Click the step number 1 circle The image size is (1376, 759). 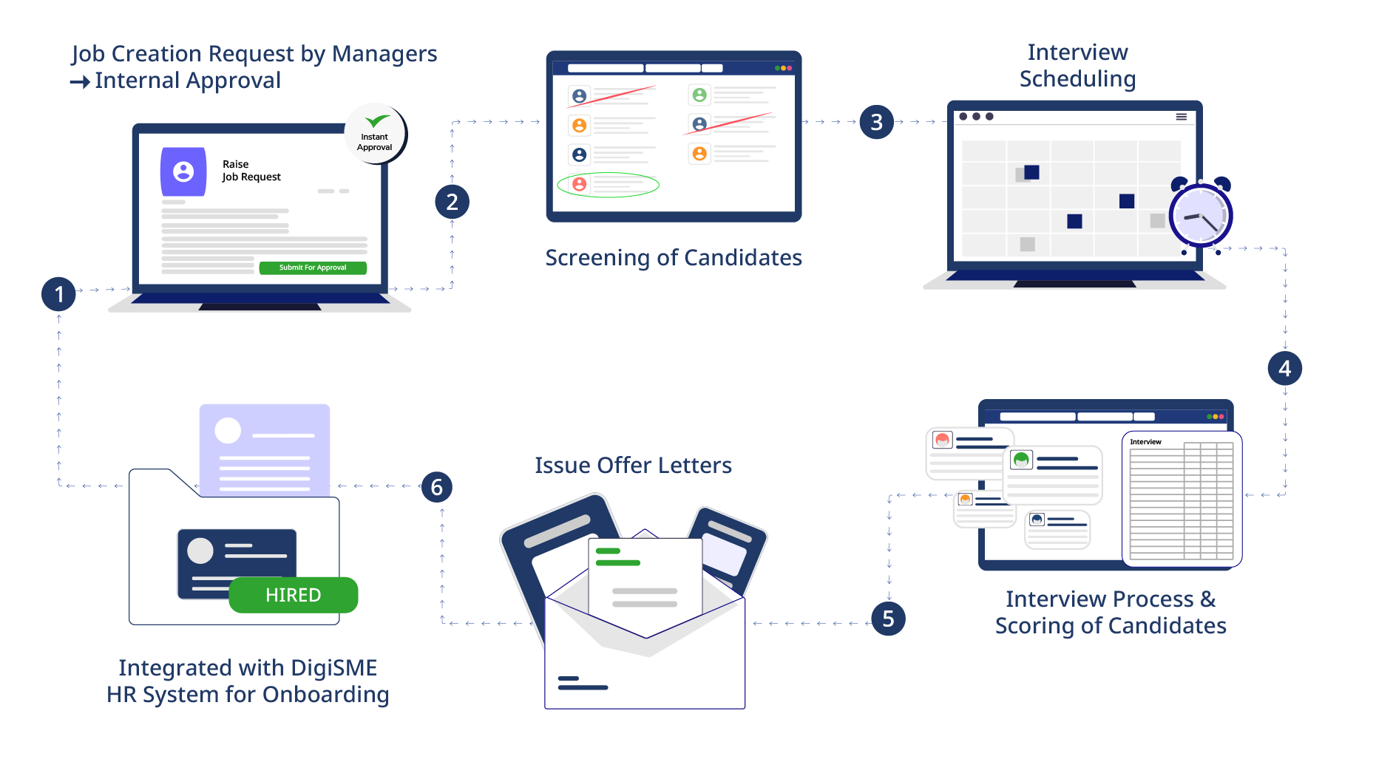tap(58, 294)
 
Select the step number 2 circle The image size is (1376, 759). tap(452, 202)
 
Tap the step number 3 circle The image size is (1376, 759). tap(876, 122)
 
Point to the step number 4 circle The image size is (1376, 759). tap(1284, 368)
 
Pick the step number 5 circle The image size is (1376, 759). tap(888, 619)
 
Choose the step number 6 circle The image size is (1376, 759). tap(436, 487)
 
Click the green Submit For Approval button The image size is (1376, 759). tap(313, 268)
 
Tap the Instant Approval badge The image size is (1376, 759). tap(375, 134)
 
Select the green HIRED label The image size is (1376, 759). tap(294, 595)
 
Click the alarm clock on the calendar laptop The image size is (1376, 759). tap(1199, 215)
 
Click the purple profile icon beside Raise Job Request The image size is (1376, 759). tap(183, 171)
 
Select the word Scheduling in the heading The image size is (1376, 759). tap(1077, 79)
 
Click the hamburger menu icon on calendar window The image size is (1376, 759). tap(1182, 117)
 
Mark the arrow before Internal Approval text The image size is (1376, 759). tap(80, 81)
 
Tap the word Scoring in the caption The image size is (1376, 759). tap(1034, 626)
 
